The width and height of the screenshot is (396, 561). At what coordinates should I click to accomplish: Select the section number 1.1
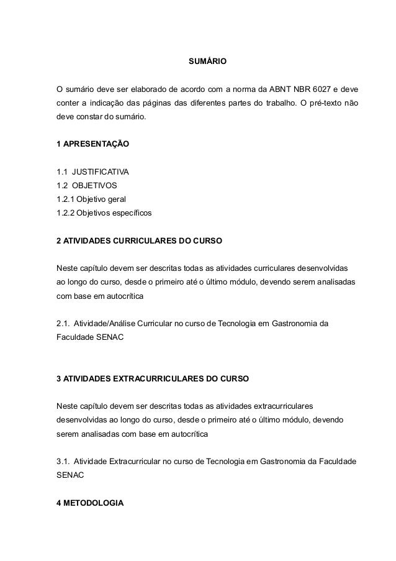pos(63,171)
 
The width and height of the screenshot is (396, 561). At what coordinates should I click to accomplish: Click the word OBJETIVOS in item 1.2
pos(93,186)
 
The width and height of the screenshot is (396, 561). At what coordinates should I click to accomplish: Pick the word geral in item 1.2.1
pos(115,199)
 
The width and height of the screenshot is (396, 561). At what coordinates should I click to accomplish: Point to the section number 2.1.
pos(63,324)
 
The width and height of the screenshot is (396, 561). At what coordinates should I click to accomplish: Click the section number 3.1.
pos(63,462)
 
